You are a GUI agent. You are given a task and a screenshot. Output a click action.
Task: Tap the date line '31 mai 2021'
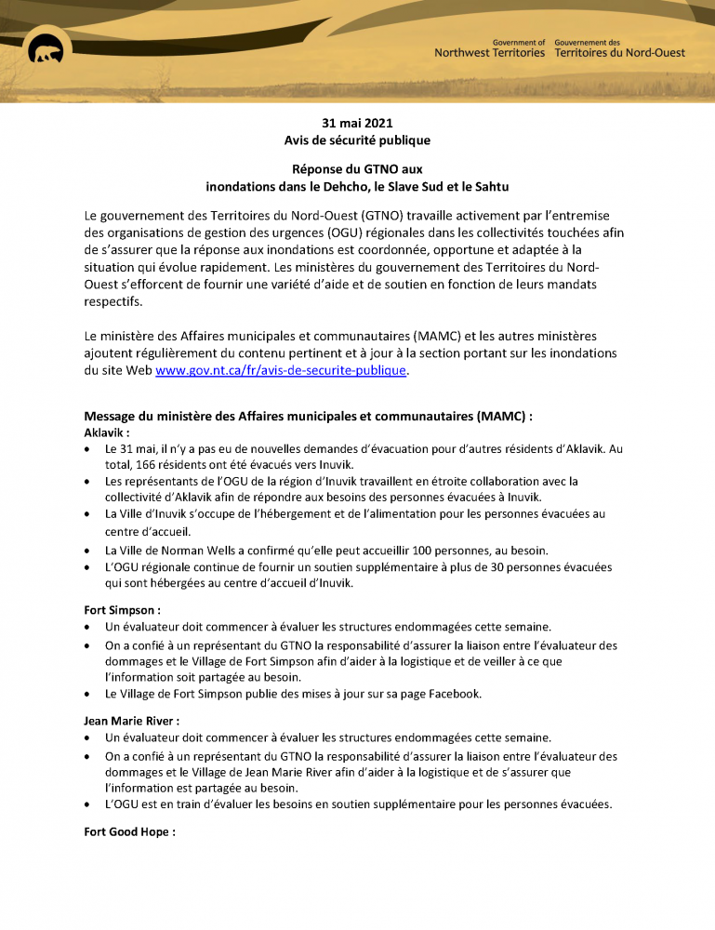[357, 123]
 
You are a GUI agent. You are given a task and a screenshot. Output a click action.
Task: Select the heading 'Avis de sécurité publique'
[357, 140]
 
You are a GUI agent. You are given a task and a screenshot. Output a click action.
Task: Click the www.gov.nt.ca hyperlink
[281, 370]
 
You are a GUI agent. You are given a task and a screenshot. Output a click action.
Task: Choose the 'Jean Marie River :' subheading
[131, 721]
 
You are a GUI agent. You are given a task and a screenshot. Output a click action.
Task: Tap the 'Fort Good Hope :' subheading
[129, 831]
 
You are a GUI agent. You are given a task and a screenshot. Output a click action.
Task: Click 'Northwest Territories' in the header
[490, 53]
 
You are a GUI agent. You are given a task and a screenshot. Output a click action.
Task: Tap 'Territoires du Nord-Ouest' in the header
[619, 53]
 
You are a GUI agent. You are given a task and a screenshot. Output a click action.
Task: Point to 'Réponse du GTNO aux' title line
[357, 169]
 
